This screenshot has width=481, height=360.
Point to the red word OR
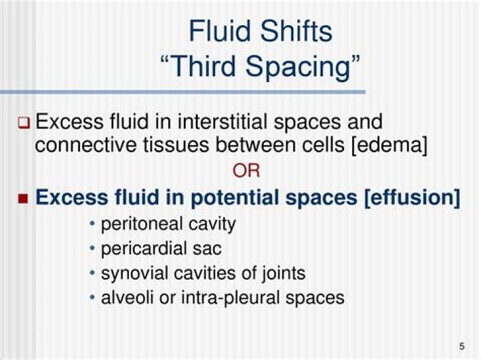[x=246, y=171]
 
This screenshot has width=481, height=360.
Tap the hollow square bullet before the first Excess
[x=24, y=123]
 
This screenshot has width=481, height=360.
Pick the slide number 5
[x=462, y=346]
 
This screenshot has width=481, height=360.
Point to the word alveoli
[x=124, y=297]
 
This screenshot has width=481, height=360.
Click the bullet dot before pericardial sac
[x=93, y=248]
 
